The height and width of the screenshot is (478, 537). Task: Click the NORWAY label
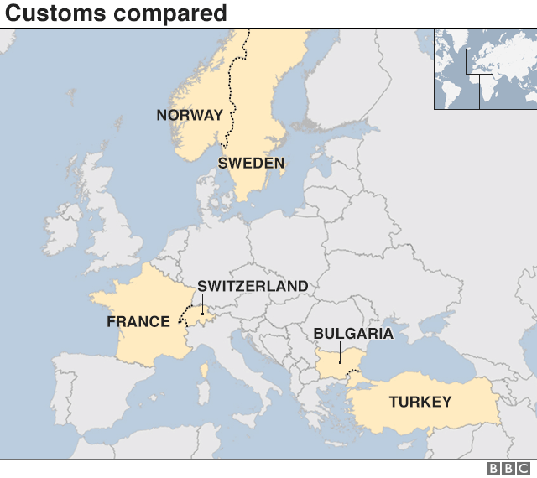[190, 115]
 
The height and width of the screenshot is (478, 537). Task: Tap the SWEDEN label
[251, 163]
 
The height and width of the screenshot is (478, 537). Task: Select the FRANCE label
[138, 321]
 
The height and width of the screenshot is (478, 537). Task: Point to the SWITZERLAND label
[253, 286]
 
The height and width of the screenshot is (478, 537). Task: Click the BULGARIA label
[353, 334]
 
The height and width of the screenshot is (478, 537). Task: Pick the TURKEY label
[420, 402]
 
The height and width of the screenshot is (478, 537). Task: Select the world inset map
[485, 69]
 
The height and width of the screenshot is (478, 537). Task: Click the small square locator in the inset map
[479, 61]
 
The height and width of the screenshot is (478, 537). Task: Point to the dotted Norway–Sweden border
[232, 92]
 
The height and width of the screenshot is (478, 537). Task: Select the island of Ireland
[62, 227]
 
